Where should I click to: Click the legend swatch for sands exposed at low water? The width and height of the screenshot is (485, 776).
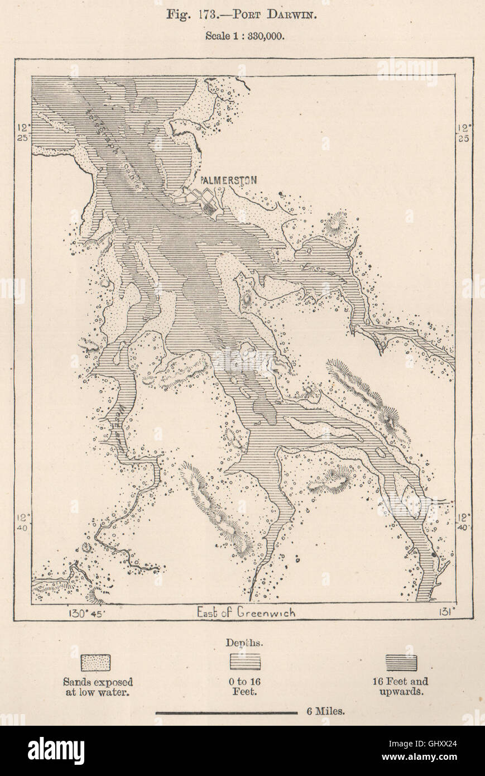95,663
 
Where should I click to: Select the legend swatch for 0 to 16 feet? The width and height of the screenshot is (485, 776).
245,662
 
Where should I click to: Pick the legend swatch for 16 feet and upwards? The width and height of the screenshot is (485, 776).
401,662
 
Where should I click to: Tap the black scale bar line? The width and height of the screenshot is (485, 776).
226,712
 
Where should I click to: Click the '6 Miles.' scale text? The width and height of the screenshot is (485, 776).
325,711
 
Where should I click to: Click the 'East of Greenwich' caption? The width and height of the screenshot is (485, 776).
246,612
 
